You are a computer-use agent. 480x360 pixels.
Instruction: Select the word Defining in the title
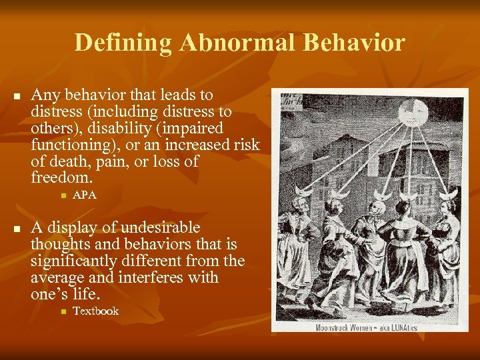click(x=123, y=43)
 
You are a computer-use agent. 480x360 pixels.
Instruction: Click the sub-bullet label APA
click(x=85, y=195)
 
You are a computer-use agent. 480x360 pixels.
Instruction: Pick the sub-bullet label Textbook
click(x=95, y=311)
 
